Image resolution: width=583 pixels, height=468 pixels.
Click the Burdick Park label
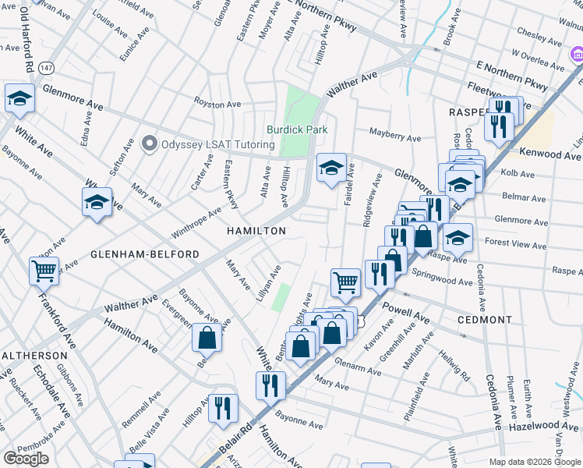pos(297,129)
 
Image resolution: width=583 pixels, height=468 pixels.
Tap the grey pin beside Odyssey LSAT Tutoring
pos(149,144)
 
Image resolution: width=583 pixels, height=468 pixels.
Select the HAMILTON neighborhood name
pos(256,231)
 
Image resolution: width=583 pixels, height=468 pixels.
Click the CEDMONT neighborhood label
pos(486,320)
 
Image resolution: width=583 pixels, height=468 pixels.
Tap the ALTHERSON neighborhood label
pos(34,355)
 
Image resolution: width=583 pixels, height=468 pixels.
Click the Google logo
pos(26,459)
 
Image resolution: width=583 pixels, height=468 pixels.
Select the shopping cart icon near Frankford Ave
pos(44,271)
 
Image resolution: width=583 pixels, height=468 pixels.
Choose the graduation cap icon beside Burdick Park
pos(331,167)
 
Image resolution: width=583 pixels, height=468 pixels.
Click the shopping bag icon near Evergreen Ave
pos(207,338)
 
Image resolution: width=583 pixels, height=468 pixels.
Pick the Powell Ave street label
pos(406,312)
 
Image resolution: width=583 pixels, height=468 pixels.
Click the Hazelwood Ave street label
pos(546,426)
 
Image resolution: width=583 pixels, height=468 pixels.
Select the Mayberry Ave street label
pos(395,137)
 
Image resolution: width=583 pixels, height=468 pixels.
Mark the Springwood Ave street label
pos(443,276)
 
